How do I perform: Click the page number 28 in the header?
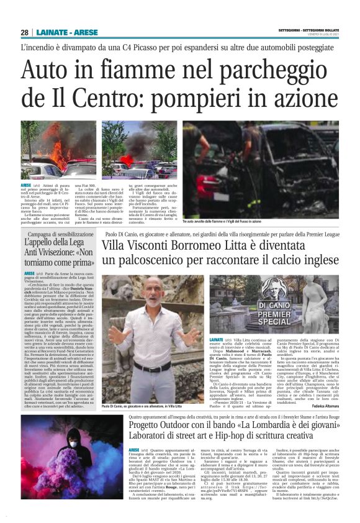click(24, 32)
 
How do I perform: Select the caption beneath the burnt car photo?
click(222, 221)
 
